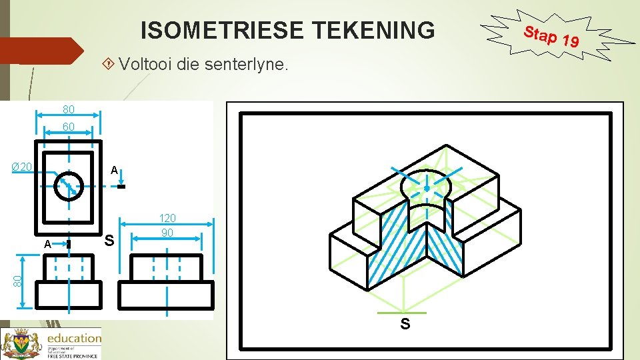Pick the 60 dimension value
pyautogui.click(x=69, y=127)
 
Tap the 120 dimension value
pyautogui.click(x=167, y=218)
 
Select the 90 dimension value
pyautogui.click(x=167, y=233)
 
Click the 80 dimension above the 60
pyautogui.click(x=69, y=109)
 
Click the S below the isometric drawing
pyautogui.click(x=405, y=325)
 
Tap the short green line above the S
pyautogui.click(x=401, y=313)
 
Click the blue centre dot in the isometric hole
pyautogui.click(x=427, y=189)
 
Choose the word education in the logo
pyautogui.click(x=73, y=338)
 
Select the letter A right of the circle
pyautogui.click(x=115, y=171)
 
